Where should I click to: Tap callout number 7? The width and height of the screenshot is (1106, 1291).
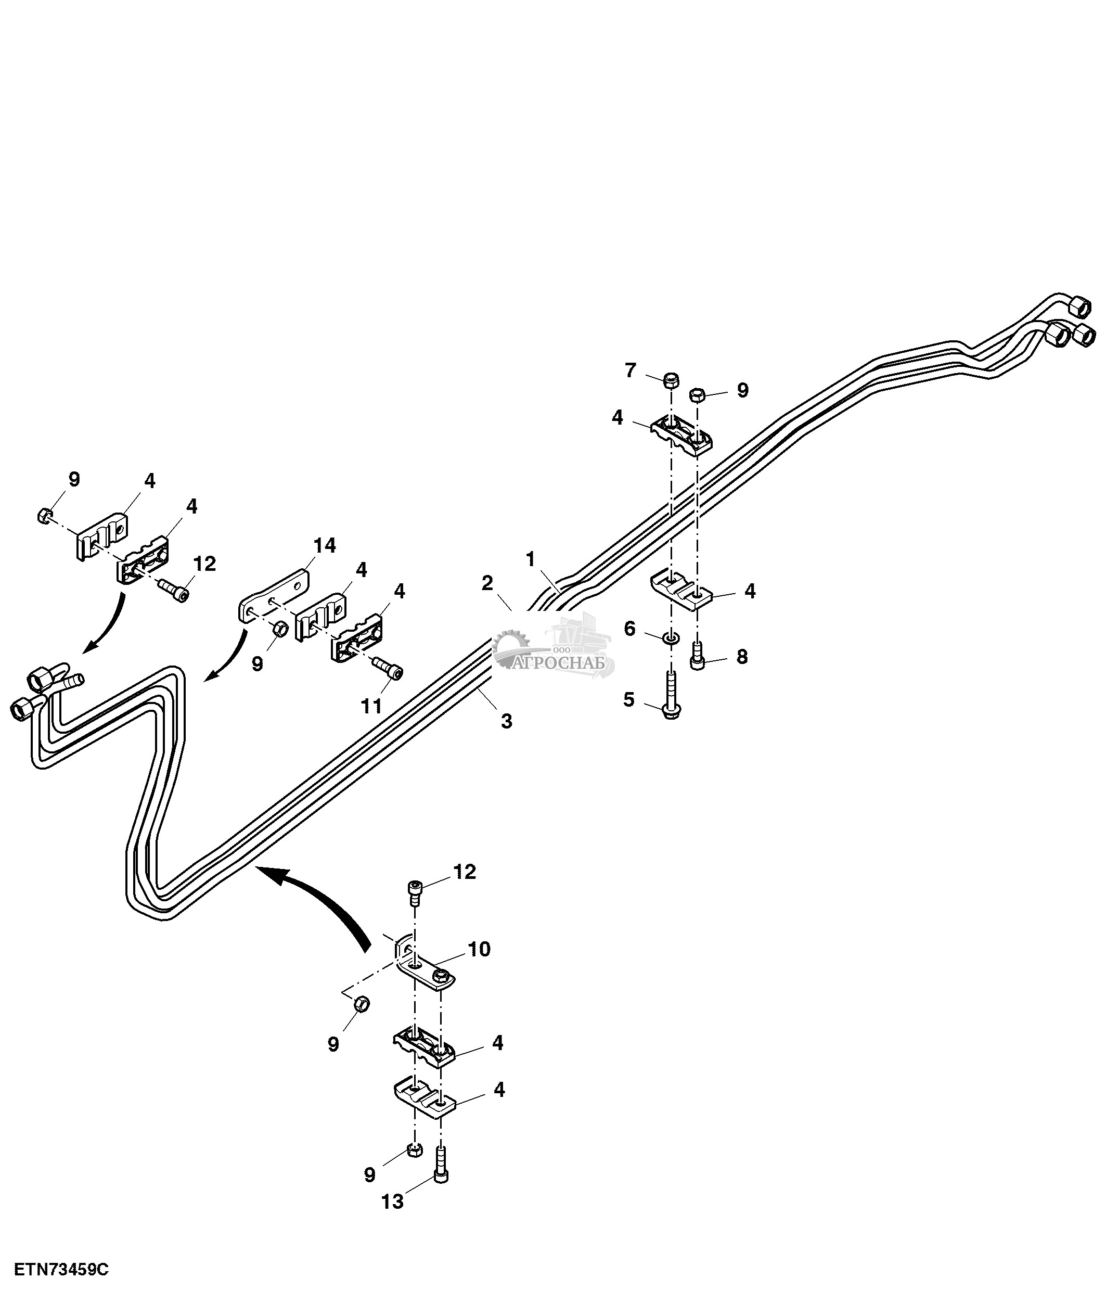(630, 370)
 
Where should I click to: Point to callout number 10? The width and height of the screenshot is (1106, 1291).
(480, 949)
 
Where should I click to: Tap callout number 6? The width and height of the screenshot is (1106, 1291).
(629, 629)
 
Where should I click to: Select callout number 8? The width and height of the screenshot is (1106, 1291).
(742, 657)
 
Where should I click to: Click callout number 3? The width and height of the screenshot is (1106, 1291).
(506, 721)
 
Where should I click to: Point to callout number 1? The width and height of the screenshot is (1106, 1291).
(530, 559)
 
